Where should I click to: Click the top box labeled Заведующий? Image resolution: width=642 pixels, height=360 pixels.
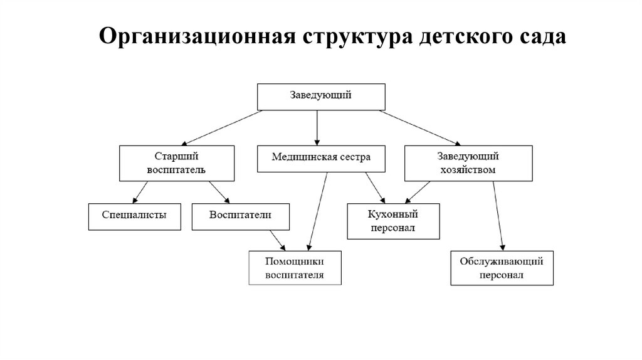pos(320,96)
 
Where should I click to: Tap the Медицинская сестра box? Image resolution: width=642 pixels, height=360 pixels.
pos(321,159)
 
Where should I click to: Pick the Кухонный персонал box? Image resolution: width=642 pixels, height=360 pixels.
pos(394,221)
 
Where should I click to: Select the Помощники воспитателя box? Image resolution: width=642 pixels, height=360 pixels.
pos(295,268)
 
